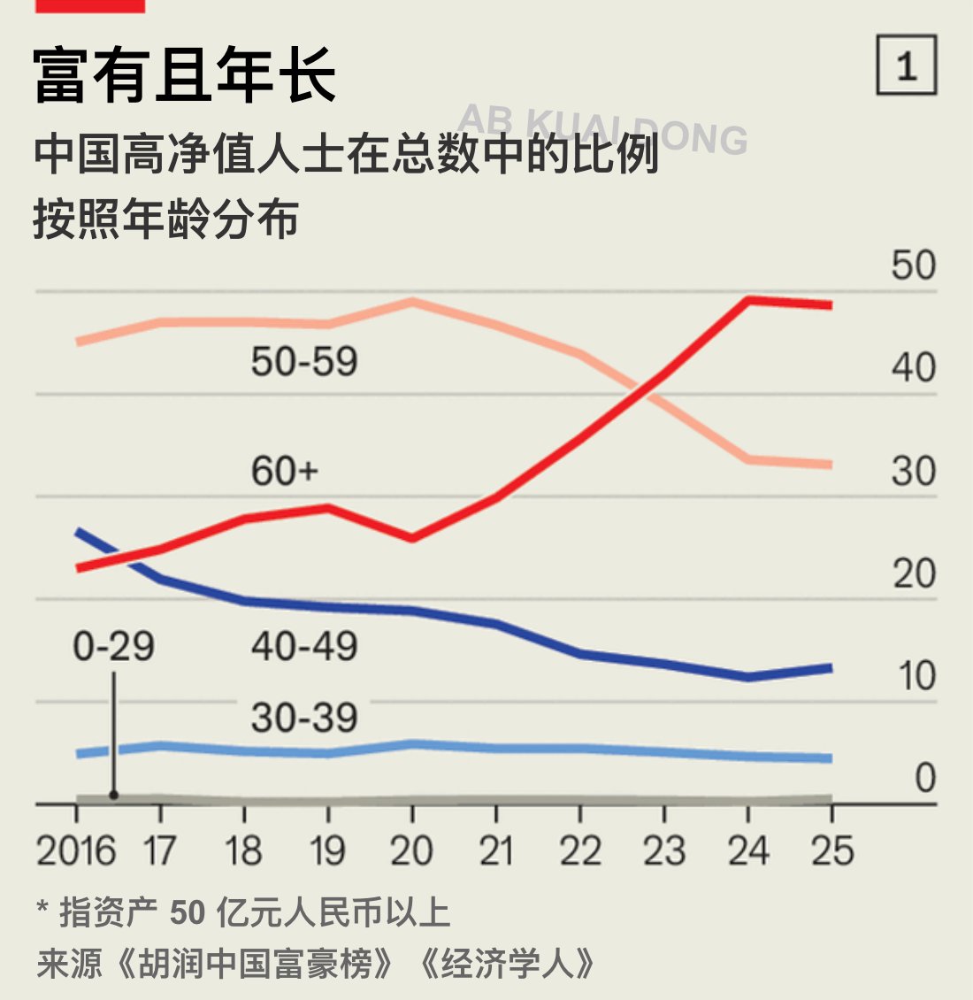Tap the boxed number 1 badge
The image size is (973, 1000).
click(906, 65)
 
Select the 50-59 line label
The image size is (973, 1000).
click(304, 361)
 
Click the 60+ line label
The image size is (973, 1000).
click(284, 471)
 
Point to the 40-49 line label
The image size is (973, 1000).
click(304, 647)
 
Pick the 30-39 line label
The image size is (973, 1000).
click(304, 718)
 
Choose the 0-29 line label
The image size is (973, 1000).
click(113, 647)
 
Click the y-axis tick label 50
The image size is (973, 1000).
click(913, 265)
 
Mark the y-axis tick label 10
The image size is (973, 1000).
click(916, 676)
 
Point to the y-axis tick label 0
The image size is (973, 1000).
click(924, 779)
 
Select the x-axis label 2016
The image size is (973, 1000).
click(76, 851)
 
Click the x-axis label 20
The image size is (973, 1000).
click(411, 851)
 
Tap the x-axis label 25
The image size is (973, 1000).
click(832, 851)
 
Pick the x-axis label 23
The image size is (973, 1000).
click(663, 851)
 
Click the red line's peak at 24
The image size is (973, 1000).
click(748, 300)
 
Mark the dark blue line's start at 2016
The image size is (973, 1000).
click(78, 531)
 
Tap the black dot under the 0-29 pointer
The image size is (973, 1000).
click(113, 795)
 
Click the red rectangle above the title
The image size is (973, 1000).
click(89, 5)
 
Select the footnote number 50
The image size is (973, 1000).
click(187, 912)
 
